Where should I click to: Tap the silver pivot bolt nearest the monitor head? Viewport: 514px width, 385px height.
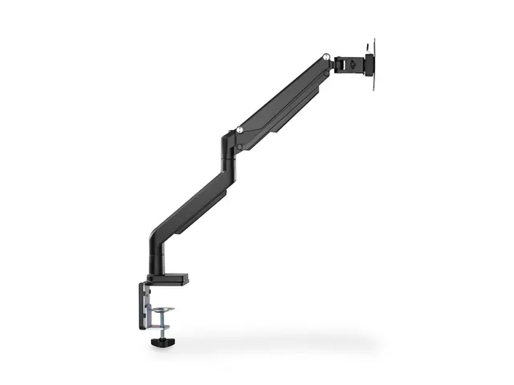[326, 57]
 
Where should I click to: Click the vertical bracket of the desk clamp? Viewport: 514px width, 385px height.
[143, 305]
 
